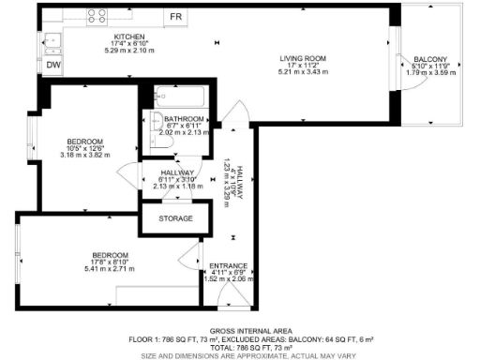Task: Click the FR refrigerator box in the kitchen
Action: click(174, 17)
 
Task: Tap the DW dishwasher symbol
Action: click(53, 65)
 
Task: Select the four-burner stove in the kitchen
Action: click(96, 16)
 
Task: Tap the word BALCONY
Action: click(431, 60)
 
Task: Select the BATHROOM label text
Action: click(184, 120)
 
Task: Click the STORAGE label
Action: click(175, 218)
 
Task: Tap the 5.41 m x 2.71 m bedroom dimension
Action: click(110, 268)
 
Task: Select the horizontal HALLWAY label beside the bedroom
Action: click(177, 172)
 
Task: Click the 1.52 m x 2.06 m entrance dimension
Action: click(229, 278)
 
